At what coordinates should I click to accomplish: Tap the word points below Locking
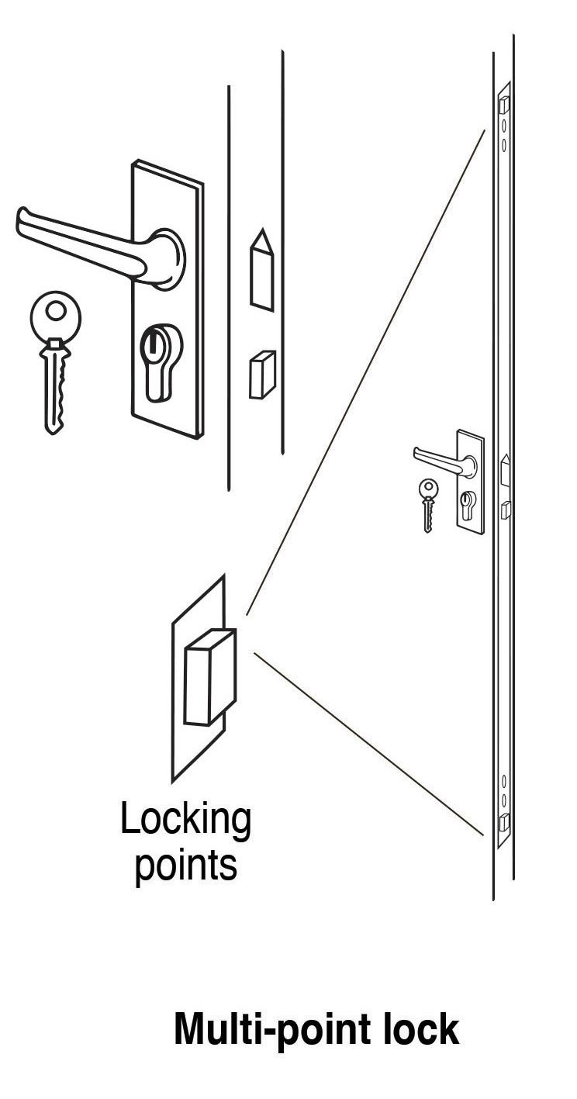tap(185, 865)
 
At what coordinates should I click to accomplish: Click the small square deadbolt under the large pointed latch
tap(261, 375)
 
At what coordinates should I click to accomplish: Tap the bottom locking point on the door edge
tap(503, 823)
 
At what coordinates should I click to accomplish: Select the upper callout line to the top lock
tap(365, 372)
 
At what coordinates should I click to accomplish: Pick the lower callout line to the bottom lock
tap(368, 745)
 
